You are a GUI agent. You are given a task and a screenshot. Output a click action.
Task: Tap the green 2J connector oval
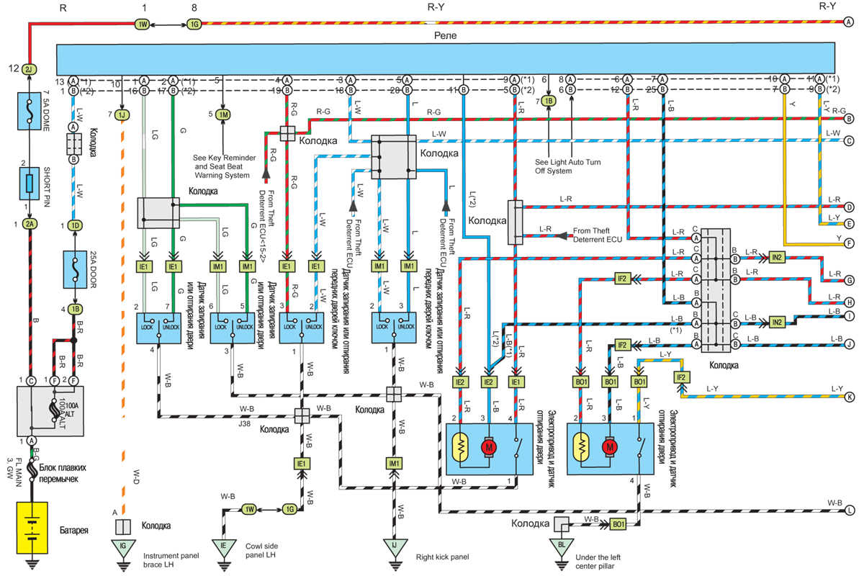pyautogui.click(x=29, y=70)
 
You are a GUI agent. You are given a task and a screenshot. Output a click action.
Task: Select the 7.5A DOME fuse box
pyautogui.click(x=29, y=112)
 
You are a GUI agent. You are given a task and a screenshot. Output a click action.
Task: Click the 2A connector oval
pyautogui.click(x=29, y=225)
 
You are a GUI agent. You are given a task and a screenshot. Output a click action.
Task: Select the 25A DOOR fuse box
pyautogui.click(x=73, y=267)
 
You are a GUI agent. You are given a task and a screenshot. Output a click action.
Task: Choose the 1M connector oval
pyautogui.click(x=224, y=114)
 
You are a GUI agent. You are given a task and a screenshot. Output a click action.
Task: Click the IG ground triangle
pyautogui.click(x=122, y=546)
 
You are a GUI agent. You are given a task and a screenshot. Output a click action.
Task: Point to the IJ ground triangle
pyautogui.click(x=393, y=546)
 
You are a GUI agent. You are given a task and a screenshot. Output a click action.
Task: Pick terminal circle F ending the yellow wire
pyautogui.click(x=849, y=243)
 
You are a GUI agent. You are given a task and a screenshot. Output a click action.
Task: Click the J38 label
pyautogui.click(x=246, y=424)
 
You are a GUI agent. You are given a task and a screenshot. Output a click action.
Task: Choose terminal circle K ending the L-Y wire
pyautogui.click(x=849, y=396)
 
